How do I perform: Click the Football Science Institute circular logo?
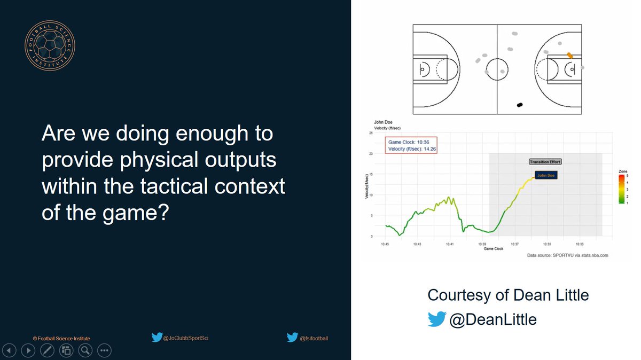click(50, 46)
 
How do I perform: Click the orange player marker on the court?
click(570, 55)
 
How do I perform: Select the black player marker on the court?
click(519, 105)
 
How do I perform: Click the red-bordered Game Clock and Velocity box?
click(411, 145)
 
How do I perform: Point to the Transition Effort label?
click(545, 161)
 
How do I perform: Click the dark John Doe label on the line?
click(545, 175)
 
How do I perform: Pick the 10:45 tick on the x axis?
click(385, 244)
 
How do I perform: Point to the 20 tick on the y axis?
click(371, 154)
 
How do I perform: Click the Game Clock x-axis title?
click(493, 249)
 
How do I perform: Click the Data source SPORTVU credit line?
click(567, 256)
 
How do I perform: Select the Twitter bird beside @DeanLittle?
click(436, 319)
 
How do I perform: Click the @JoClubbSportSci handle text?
click(186, 338)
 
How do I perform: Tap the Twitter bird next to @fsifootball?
click(292, 338)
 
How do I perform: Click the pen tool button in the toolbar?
click(47, 350)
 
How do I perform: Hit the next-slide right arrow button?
click(28, 350)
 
